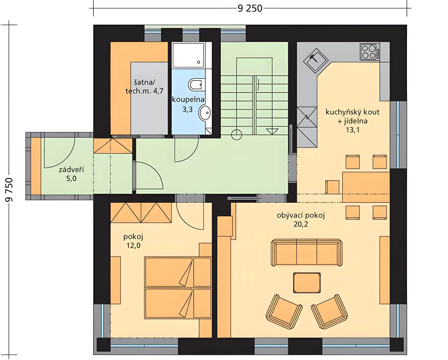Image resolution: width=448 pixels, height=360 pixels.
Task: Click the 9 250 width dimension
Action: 250,8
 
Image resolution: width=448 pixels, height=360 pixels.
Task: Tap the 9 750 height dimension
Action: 9,190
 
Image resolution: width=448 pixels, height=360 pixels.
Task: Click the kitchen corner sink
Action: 316,61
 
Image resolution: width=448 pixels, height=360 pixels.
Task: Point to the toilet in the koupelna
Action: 197,85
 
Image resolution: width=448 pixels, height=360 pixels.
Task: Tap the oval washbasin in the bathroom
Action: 205,113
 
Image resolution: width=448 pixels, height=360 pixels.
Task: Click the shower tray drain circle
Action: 198,62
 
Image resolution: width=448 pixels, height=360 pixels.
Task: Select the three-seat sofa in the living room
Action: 307,252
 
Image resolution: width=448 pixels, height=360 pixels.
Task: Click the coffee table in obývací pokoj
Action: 307,283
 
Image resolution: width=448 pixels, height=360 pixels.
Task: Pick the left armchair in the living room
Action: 284,312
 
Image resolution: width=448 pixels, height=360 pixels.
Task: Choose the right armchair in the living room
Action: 330,312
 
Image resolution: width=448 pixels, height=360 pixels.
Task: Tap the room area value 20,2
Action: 301,224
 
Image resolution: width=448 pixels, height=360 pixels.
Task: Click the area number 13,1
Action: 353,130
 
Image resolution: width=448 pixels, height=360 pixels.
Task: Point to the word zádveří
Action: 71,170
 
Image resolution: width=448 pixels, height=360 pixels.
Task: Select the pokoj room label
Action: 133,237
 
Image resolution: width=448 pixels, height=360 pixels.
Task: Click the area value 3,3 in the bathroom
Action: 188,109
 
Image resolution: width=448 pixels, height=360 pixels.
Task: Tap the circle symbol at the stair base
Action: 236,135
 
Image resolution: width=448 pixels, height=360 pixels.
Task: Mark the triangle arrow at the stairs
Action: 272,132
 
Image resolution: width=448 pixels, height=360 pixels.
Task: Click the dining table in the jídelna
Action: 366,187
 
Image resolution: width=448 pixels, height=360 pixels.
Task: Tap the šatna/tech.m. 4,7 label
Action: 144,87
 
